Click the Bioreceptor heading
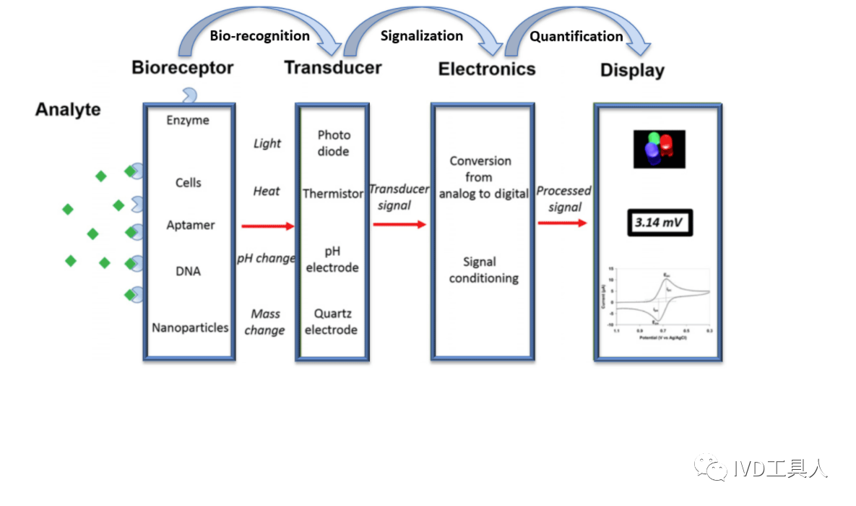tap(182, 68)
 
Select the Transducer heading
tap(332, 68)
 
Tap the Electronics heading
tap(487, 69)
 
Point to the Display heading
tap(632, 71)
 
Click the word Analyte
tap(68, 110)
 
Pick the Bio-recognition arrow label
tap(259, 35)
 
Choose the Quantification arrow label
tap(576, 36)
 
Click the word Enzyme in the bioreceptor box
tap(188, 120)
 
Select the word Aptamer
tap(190, 225)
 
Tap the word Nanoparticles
tap(190, 327)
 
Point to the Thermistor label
tap(332, 194)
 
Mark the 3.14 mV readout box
tap(659, 223)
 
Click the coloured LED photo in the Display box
tap(659, 149)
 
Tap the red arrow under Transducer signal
tap(399, 225)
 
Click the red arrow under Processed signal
tap(563, 223)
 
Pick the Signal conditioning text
tap(483, 270)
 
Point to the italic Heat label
tap(267, 192)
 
